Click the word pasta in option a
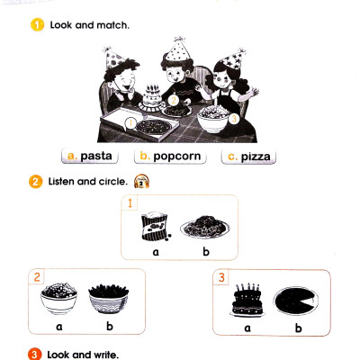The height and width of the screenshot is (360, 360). [x=96, y=157]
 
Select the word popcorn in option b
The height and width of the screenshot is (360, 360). [x=177, y=157]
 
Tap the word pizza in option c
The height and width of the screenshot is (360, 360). [x=256, y=157]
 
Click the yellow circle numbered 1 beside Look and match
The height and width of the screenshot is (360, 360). [x=37, y=25]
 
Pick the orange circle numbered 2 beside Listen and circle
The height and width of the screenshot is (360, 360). [x=35, y=182]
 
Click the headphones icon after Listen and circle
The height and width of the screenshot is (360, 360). [x=141, y=181]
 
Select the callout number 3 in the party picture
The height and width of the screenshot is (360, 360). [x=234, y=119]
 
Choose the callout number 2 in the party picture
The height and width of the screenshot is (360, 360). [x=174, y=100]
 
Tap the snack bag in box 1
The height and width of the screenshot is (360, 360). [x=156, y=226]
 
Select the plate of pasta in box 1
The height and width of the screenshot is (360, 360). [x=205, y=226]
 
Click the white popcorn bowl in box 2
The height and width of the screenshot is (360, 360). [x=58, y=298]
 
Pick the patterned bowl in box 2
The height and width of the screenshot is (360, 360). [x=108, y=299]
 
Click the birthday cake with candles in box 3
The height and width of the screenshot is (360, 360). [x=247, y=300]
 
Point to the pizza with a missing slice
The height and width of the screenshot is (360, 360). [x=295, y=301]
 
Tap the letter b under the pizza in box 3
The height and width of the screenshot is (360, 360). [x=298, y=328]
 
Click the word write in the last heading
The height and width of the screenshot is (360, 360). [x=106, y=355]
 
